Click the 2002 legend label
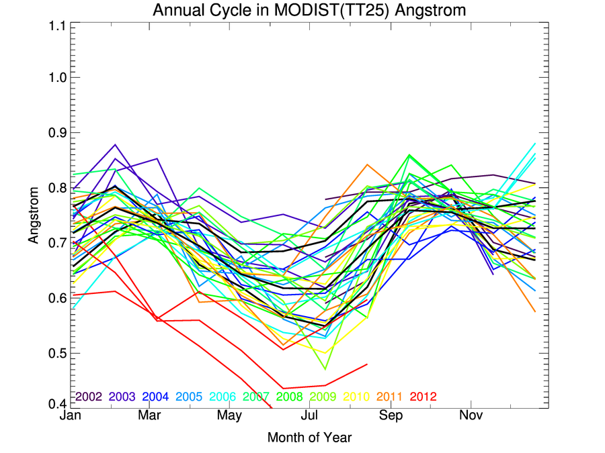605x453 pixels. pyautogui.click(x=88, y=397)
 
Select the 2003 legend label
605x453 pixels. pyautogui.click(x=122, y=397)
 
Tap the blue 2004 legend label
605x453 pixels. pyautogui.click(x=155, y=397)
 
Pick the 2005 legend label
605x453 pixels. pyautogui.click(x=189, y=397)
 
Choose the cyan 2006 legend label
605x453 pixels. pyautogui.click(x=223, y=397)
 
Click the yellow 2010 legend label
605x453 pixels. pyautogui.click(x=356, y=397)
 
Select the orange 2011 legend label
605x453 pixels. pyautogui.click(x=390, y=397)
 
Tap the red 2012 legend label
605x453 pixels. pyautogui.click(x=424, y=397)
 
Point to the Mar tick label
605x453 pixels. pyautogui.click(x=149, y=416)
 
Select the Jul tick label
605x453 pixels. pyautogui.click(x=309, y=416)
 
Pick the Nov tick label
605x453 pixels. pyautogui.click(x=470, y=416)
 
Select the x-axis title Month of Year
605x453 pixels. pyautogui.click(x=309, y=438)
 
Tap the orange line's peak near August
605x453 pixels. pyautogui.click(x=366, y=164)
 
